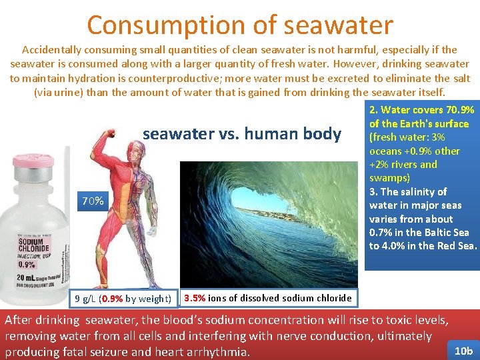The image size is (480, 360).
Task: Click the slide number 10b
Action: [x=463, y=351]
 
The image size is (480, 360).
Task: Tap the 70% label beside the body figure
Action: [x=92, y=201]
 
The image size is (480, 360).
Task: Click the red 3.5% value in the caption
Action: [x=195, y=298]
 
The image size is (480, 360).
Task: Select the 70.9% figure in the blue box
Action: [x=460, y=110]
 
